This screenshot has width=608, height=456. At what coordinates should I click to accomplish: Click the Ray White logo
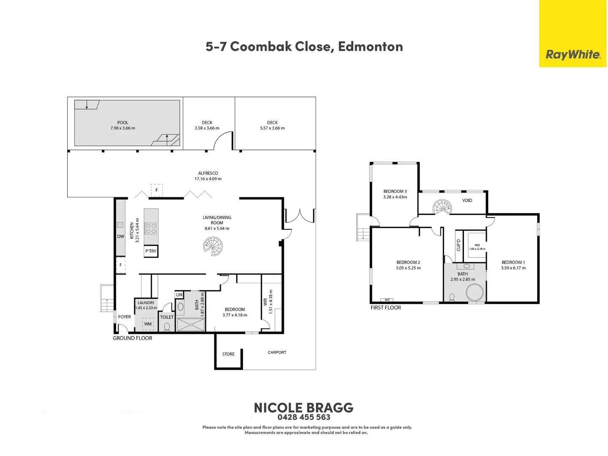click(573, 54)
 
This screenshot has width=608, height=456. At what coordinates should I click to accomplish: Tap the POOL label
click(123, 122)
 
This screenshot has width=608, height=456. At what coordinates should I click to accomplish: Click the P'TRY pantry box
click(151, 251)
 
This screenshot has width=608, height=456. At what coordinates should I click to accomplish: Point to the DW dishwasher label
click(120, 236)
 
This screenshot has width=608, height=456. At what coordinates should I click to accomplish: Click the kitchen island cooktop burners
click(151, 228)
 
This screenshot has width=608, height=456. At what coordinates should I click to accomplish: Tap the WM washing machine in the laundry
click(148, 324)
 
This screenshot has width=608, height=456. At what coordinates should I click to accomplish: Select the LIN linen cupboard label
click(179, 295)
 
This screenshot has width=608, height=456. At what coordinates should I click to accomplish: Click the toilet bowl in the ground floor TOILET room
click(167, 327)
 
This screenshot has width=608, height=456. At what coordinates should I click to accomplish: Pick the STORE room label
click(228, 354)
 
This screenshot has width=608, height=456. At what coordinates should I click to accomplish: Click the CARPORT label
click(277, 353)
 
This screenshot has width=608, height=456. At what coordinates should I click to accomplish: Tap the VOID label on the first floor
click(467, 201)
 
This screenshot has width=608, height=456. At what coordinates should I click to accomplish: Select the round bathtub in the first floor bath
click(475, 292)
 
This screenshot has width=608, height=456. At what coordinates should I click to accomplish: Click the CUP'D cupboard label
click(459, 245)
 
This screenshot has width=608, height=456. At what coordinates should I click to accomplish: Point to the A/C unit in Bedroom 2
click(387, 300)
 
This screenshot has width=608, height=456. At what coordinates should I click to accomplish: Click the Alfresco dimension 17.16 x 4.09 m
click(208, 179)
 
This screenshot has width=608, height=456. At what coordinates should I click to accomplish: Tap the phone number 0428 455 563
click(304, 417)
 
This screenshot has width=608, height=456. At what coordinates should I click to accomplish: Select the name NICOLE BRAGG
click(304, 407)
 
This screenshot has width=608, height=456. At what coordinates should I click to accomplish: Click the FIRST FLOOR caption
click(385, 308)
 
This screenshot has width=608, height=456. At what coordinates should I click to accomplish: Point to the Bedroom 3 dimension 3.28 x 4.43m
click(395, 197)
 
